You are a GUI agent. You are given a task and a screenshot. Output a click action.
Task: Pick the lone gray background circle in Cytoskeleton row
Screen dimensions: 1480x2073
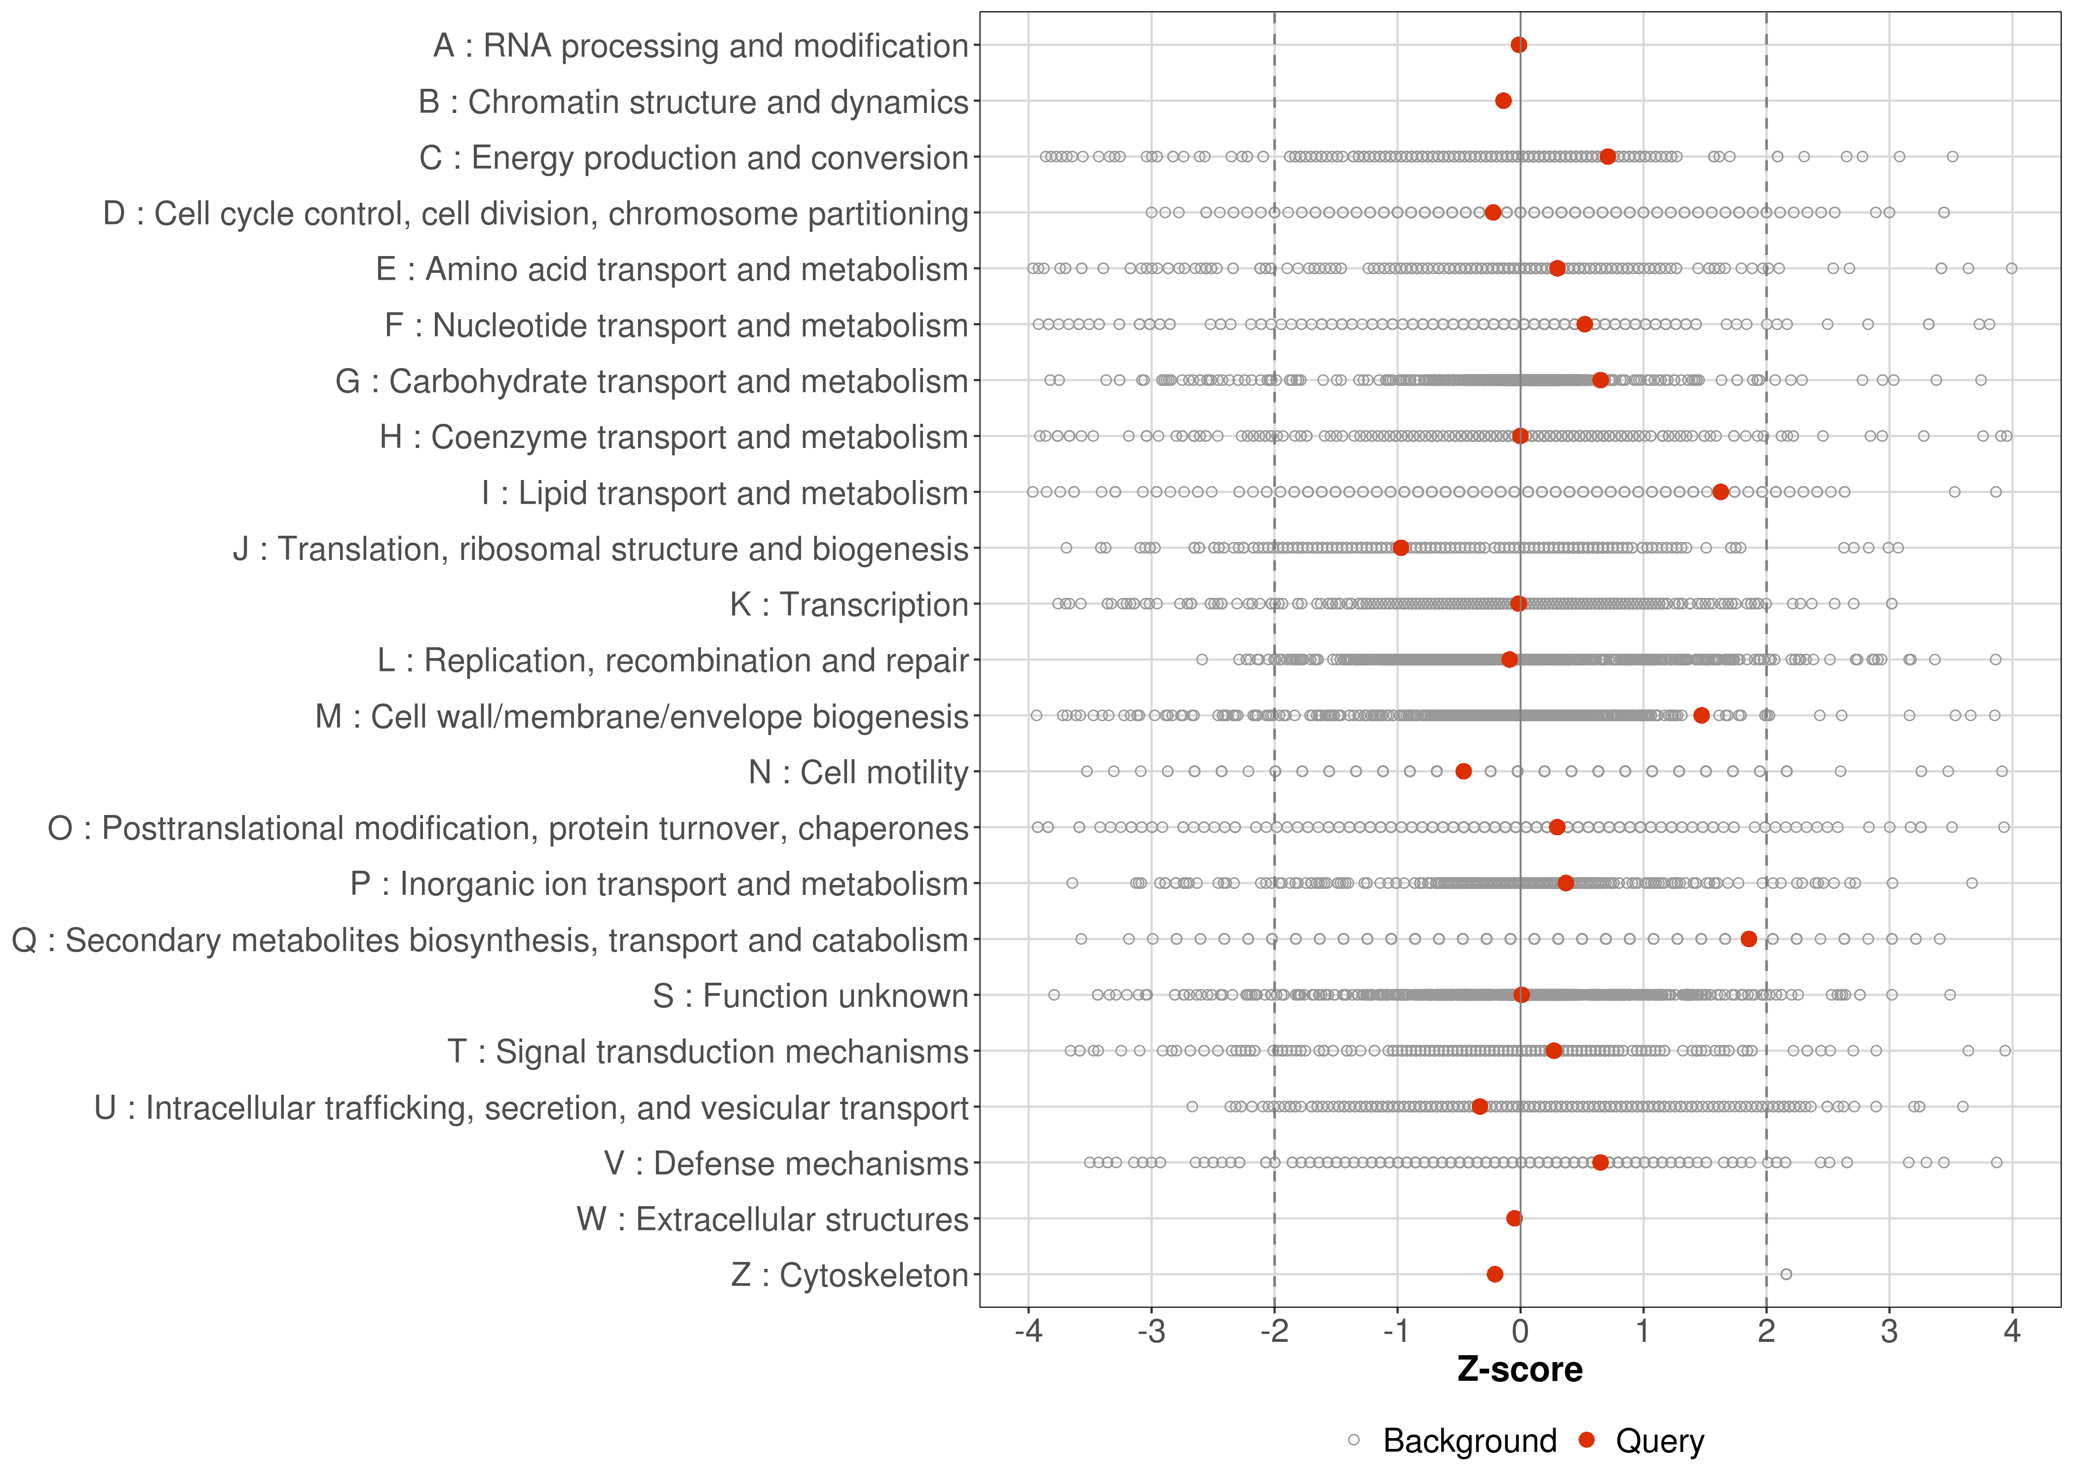pos(1786,1274)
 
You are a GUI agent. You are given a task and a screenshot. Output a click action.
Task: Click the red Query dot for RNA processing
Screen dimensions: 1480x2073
pos(1519,45)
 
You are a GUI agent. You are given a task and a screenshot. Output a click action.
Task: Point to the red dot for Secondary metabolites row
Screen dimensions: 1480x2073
pos(1748,939)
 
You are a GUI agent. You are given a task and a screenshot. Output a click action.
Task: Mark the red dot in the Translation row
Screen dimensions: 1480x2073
pos(1401,548)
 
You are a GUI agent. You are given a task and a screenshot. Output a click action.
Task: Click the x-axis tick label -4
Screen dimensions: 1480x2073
pos(1028,1332)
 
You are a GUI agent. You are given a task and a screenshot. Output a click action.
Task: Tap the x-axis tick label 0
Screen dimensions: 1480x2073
pos(1520,1332)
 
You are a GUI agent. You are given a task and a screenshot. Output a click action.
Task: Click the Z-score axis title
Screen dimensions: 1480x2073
pos(1520,1369)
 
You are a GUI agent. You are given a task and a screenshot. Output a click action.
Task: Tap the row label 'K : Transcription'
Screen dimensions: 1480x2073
pos(849,604)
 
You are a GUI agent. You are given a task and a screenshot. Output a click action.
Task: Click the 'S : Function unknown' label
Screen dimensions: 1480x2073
pos(810,996)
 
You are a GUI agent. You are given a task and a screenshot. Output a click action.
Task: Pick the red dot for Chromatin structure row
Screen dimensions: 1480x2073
pos(1503,100)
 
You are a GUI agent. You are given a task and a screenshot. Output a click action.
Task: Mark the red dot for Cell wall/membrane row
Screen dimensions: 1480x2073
pos(1701,715)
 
